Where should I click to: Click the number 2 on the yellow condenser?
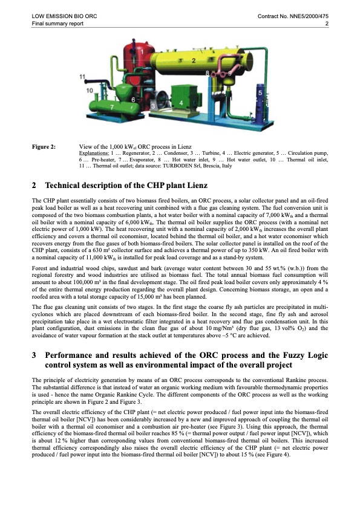click(x=193, y=61)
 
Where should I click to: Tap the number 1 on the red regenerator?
click(x=142, y=52)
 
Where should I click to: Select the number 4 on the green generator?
click(x=182, y=103)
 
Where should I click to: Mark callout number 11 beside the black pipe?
click(x=83, y=77)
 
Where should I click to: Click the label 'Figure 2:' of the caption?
click(x=44, y=146)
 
